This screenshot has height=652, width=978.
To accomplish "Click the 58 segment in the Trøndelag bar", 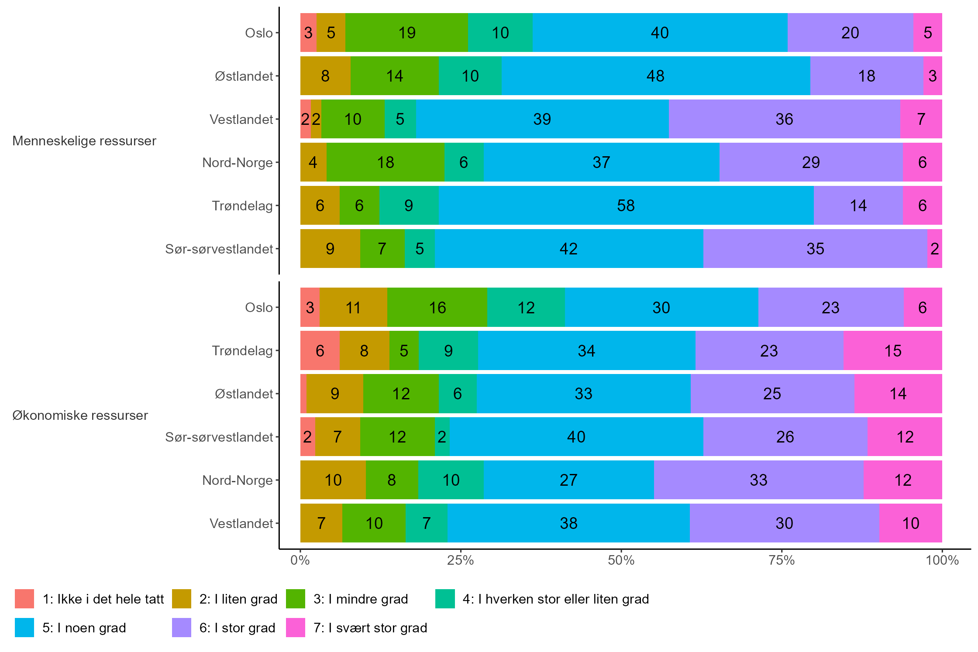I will coord(626,206).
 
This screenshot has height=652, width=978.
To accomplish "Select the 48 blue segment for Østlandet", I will coord(655,76).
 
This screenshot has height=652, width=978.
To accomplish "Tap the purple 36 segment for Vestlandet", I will coord(784,119).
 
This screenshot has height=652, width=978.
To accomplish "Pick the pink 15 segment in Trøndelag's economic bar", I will coord(892,351).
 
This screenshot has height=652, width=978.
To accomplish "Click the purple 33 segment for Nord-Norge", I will coord(758,480).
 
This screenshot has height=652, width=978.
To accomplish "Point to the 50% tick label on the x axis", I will coord(621,560).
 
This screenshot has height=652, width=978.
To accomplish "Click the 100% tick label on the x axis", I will coord(942,560).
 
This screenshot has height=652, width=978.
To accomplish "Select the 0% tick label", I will coord(300,560).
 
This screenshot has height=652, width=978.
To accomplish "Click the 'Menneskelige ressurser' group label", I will coord(84,141).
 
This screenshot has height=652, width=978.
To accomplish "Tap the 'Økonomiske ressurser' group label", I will coord(80,415).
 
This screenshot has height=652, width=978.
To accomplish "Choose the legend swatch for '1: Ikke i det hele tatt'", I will coord(24,599).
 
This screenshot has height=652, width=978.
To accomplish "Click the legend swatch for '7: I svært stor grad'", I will coord(296,628).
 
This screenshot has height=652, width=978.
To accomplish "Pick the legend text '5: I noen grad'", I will coord(84,628).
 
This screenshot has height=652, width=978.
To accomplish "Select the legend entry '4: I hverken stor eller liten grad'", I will coord(555,599).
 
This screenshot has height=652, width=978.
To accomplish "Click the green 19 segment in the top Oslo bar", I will coord(406,33).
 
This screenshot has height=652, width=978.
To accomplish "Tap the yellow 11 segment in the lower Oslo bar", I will coord(353,308).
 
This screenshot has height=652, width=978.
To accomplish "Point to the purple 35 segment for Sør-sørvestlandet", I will coord(815,249).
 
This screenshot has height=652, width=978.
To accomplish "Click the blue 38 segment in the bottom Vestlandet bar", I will coord(568,523).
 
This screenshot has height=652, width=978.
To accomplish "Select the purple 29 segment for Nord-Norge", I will coord(811,162).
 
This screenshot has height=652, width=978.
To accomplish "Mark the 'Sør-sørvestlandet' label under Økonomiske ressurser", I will coord(219,437).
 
